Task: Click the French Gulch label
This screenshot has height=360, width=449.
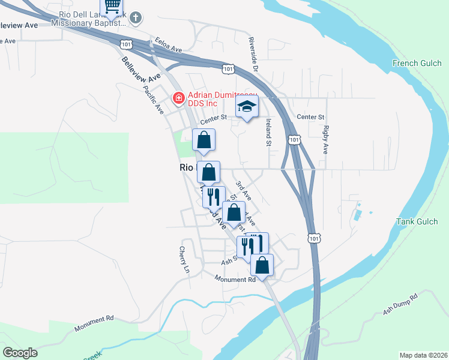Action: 414,63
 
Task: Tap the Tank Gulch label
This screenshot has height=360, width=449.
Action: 417,221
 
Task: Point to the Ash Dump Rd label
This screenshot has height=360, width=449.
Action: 400,305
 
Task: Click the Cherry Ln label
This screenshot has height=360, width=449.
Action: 184,260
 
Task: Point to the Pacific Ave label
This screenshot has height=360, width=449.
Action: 154,100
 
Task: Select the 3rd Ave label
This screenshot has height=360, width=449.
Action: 243,191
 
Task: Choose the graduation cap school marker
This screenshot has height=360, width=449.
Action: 246,107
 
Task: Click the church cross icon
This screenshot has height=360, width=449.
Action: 136,17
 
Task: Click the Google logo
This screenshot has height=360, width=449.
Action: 20,353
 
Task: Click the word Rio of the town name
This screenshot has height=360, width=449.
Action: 185,169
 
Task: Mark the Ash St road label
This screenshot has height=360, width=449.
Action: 229,262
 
